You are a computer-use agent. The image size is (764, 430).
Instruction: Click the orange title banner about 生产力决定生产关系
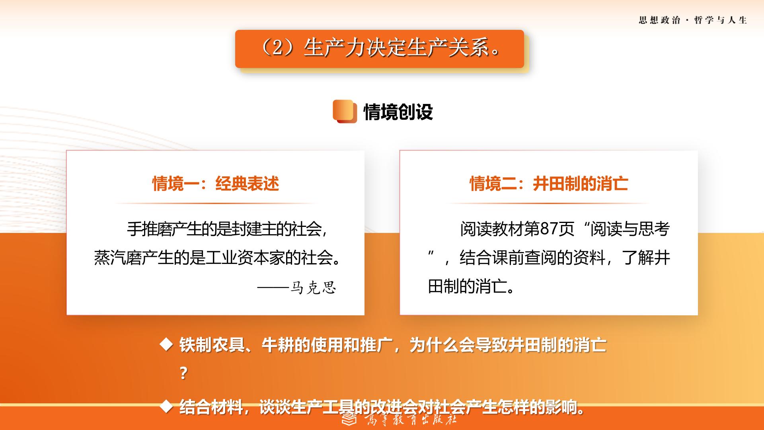tap(379, 49)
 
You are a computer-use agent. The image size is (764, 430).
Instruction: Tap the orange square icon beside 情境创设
tap(345, 111)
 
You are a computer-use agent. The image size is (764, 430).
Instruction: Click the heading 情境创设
tap(398, 112)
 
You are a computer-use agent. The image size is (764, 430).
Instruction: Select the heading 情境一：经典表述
tap(216, 184)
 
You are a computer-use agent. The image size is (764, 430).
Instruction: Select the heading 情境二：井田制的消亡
tap(549, 184)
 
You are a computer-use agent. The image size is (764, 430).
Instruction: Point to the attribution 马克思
tap(313, 287)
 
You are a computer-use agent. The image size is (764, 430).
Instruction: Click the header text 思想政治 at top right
tap(659, 20)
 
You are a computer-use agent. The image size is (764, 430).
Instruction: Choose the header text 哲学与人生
tap(721, 20)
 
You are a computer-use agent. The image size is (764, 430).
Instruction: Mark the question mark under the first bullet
tap(183, 373)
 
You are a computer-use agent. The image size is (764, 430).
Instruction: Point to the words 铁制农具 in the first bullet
tap(212, 345)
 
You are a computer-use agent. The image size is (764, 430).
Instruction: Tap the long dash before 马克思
tap(273, 287)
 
